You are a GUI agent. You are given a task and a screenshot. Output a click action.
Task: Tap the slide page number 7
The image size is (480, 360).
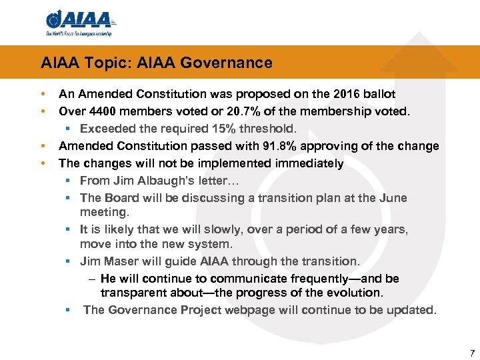tap(472, 353)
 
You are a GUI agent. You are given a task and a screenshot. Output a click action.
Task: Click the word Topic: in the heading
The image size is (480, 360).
tap(95, 63)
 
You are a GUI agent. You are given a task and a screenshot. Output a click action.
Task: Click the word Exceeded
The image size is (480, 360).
tap(107, 129)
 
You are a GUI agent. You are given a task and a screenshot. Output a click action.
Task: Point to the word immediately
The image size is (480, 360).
tap(307, 163)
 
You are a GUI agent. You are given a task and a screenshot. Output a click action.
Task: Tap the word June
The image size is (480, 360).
tap(393, 198)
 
